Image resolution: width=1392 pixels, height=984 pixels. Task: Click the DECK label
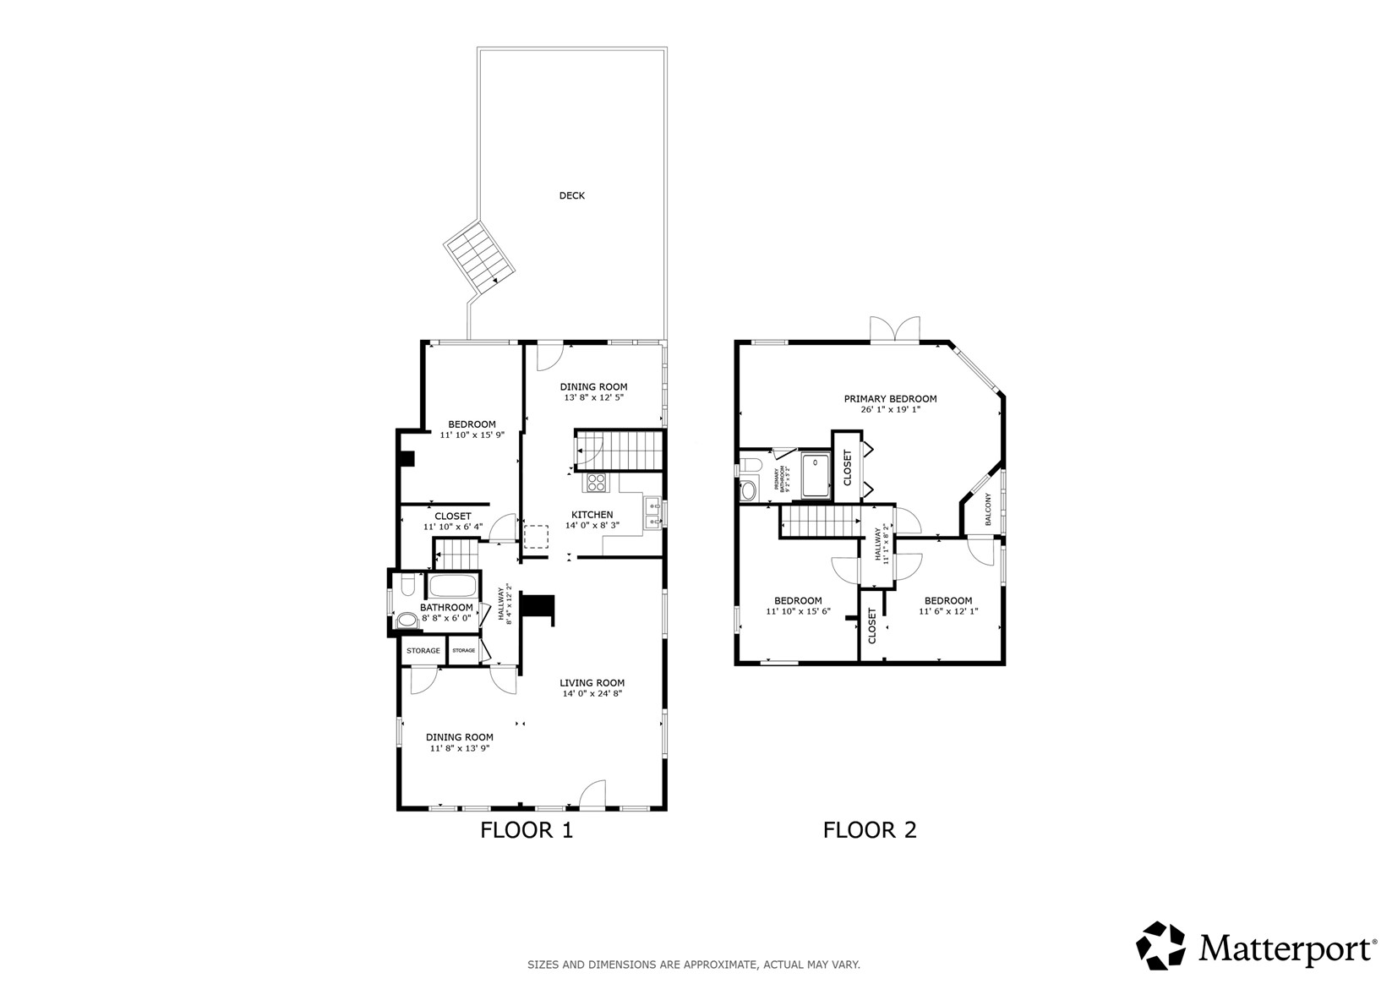click(x=572, y=195)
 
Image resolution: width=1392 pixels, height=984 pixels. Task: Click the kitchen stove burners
click(x=597, y=483)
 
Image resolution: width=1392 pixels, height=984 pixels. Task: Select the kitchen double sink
click(x=652, y=514)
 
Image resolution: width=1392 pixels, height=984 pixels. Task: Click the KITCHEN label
click(x=592, y=515)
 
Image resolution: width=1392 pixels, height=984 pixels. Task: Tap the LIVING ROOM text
click(x=592, y=683)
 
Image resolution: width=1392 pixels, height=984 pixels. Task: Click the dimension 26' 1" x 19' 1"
click(x=890, y=410)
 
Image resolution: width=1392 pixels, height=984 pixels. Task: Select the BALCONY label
click(x=988, y=510)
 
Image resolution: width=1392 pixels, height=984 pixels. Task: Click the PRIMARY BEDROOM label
click(x=890, y=399)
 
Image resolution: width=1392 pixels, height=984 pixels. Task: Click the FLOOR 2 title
click(x=870, y=830)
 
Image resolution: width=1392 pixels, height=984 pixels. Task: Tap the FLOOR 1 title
click(x=527, y=830)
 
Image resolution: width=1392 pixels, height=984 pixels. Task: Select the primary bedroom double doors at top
click(x=894, y=330)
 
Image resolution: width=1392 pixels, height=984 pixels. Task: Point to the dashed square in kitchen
click(x=536, y=538)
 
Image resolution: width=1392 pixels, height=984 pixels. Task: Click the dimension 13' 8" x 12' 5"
click(x=593, y=397)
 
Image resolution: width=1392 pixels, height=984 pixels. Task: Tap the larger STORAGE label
click(x=423, y=651)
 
